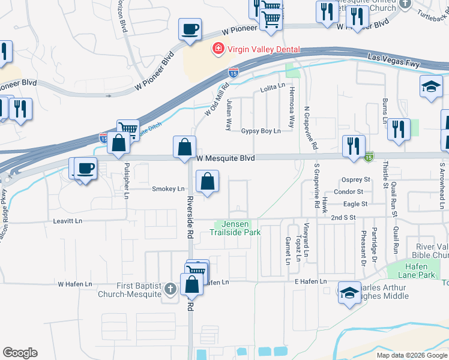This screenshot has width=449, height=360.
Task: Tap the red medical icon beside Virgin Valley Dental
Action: pos(218,48)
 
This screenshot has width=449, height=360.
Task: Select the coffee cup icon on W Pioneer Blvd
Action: pos(190,29)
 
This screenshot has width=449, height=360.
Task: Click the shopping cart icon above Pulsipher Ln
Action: pos(128,128)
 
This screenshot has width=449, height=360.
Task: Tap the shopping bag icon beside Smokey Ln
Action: pos(207,182)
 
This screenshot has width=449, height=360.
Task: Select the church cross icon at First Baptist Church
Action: pos(170,289)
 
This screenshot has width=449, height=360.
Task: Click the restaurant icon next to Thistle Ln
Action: pos(399,129)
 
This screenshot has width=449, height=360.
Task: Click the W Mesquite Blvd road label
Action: pos(226,158)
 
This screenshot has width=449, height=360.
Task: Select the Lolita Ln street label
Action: pos(272,88)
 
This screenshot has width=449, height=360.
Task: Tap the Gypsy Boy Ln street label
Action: pos(261,131)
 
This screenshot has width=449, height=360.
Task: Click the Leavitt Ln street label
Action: pos(67,221)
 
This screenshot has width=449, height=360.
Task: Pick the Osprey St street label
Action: pos(355,179)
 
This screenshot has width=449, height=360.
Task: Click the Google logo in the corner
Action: pos(20,353)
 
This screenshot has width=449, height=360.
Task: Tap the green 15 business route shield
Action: pos(369,157)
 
